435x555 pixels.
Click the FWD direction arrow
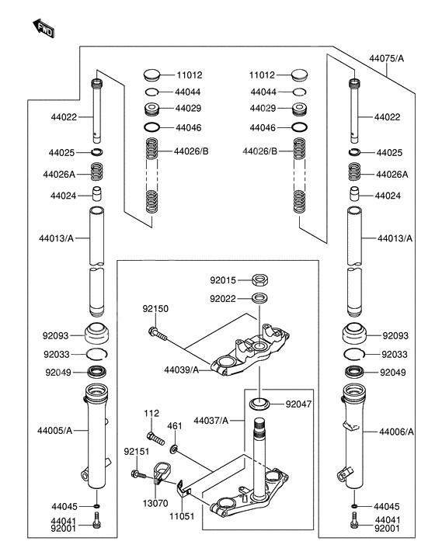(x=43, y=28)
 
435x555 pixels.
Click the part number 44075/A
(x=387, y=58)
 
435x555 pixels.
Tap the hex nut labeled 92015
(x=260, y=280)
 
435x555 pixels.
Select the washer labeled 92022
(x=260, y=298)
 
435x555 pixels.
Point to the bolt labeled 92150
(x=157, y=334)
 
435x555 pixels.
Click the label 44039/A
(x=181, y=370)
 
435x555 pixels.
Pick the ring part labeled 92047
(x=259, y=404)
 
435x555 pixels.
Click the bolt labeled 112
(x=155, y=438)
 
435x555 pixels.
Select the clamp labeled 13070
(x=161, y=471)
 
